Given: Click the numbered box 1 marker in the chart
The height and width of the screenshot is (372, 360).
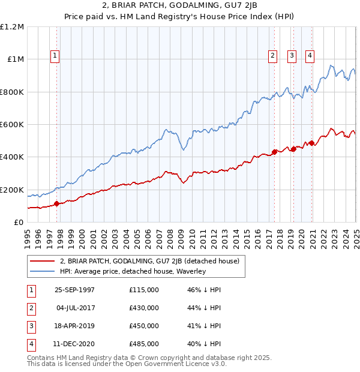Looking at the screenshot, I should (x=55, y=56).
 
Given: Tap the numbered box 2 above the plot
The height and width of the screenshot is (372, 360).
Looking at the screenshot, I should (x=272, y=56).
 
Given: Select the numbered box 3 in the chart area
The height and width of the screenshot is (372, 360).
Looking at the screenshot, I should (x=292, y=56).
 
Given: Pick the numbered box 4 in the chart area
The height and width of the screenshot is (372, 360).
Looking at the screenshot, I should (x=310, y=56).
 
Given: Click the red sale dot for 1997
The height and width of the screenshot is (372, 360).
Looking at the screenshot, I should (x=57, y=203).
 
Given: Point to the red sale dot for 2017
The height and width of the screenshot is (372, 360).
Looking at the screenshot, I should (x=274, y=152).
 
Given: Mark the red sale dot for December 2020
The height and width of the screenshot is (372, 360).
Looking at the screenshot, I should (x=312, y=143).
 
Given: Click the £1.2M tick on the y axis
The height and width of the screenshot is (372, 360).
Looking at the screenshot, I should (x=12, y=27).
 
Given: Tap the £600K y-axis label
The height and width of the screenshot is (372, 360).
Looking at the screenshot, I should (x=12, y=125).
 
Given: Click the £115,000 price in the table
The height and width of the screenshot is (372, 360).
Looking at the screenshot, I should (x=144, y=289).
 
